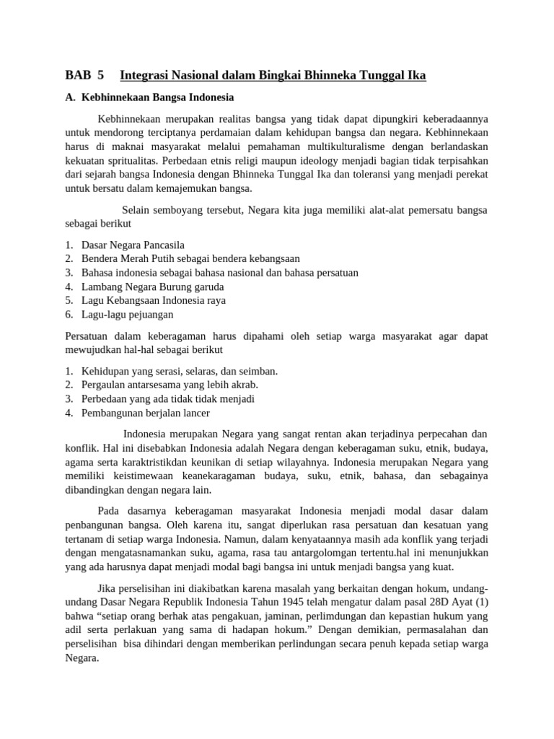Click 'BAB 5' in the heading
[x=84, y=74]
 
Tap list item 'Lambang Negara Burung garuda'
[x=152, y=287]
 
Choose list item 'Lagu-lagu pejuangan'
[x=127, y=314]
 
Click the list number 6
[x=69, y=314]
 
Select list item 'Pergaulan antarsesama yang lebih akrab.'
[x=170, y=385]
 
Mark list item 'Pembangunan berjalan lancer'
[x=146, y=413]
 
